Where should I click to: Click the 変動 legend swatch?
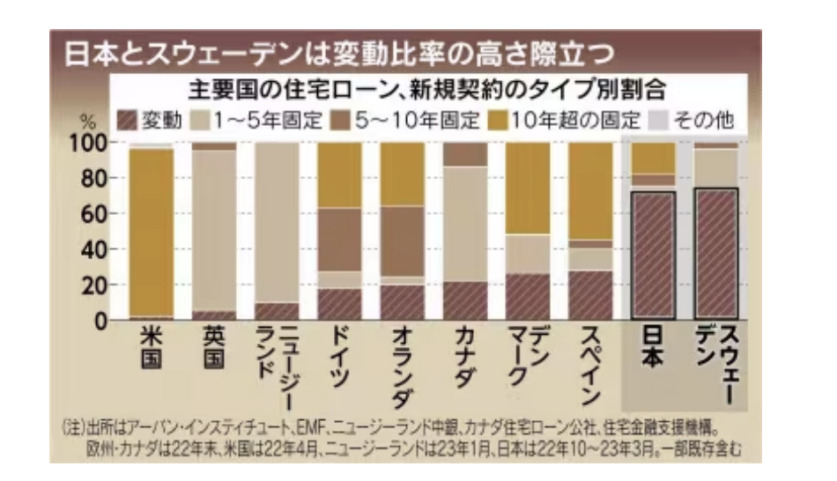coord(127,121)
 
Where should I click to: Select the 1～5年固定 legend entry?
coord(256,121)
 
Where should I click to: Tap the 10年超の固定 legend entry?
coord(565,121)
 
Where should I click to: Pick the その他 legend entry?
coord(692,121)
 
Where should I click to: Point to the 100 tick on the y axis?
coord(89,143)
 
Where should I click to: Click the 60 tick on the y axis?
coord(94,214)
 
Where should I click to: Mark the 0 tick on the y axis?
coord(101,322)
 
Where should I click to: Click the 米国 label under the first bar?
coord(151,347)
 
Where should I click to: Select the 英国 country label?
coord(213,347)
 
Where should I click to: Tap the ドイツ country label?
coord(339,356)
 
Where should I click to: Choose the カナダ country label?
coord(464,356)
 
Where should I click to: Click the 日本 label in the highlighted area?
coord(652,347)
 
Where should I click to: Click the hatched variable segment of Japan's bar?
coord(654,255)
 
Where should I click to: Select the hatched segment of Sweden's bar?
coord(716,254)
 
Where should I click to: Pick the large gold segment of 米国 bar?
coord(152,233)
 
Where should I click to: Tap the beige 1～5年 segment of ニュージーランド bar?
coord(277,223)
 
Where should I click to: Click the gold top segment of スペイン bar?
coord(590,191)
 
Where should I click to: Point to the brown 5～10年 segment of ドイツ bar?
coord(339,240)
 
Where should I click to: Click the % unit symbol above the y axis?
coord(88,122)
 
